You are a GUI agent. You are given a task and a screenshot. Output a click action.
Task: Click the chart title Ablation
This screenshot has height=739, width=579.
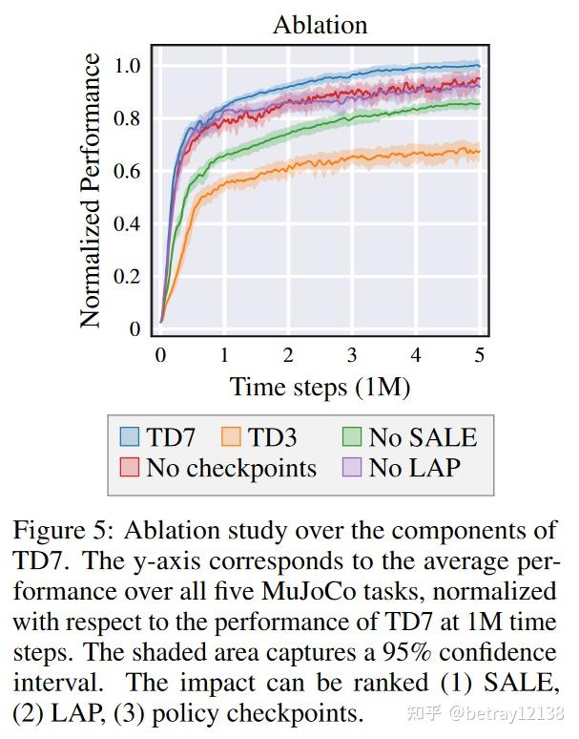(x=321, y=25)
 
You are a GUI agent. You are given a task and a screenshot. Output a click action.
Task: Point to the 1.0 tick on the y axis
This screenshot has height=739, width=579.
(x=127, y=66)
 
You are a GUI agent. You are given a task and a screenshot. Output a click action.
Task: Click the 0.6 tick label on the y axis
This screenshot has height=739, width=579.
(x=127, y=172)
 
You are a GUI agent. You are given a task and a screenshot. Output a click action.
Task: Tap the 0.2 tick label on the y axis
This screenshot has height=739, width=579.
(x=127, y=277)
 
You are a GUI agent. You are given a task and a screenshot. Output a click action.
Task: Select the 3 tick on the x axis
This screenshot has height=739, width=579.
(x=352, y=354)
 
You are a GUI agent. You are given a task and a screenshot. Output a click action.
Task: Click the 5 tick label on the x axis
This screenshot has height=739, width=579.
(x=480, y=354)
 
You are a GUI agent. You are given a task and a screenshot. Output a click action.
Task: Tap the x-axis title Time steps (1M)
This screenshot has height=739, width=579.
(x=320, y=387)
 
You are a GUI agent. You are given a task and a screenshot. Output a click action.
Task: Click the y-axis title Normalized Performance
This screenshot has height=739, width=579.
(x=92, y=191)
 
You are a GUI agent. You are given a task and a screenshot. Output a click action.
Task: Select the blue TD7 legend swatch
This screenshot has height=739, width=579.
(x=130, y=437)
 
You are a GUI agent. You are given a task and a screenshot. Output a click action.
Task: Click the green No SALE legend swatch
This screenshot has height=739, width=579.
(x=352, y=437)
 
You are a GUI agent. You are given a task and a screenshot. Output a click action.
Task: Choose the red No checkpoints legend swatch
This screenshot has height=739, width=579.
(x=130, y=468)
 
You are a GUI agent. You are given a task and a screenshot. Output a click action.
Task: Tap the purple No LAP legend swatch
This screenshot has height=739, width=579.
(x=352, y=468)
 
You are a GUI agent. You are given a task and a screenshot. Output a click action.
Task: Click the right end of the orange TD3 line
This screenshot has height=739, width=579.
(x=479, y=151)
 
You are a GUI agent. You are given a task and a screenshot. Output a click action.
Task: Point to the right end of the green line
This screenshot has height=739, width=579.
(x=479, y=104)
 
